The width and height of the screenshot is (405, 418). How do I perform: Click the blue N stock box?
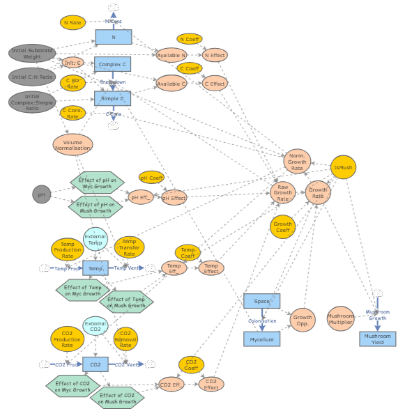tap(114, 37)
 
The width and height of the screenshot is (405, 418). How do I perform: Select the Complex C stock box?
tap(112, 65)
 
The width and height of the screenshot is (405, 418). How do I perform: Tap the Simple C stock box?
tap(113, 98)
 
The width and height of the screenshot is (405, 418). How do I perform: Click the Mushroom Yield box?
tap(378, 339)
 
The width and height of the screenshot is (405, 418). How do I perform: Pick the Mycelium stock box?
tap(261, 339)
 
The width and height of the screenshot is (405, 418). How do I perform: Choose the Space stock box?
tap(261, 301)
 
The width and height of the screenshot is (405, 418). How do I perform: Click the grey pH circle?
tap(42, 194)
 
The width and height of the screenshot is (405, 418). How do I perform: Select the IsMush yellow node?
tap(343, 168)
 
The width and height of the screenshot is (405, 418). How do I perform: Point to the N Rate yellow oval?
tap(73, 22)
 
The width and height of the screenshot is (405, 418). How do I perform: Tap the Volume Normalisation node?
tap(72, 144)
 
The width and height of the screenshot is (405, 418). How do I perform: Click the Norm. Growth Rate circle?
tap(297, 163)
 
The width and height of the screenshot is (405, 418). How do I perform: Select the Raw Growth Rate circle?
tap(282, 193)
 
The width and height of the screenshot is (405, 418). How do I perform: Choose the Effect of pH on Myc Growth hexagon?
tap(97, 184)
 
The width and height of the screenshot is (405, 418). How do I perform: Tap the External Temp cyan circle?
tap(95, 238)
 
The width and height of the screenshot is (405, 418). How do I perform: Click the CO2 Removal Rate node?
tap(125, 339)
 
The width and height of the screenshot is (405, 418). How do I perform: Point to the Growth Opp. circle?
tap(302, 319)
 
